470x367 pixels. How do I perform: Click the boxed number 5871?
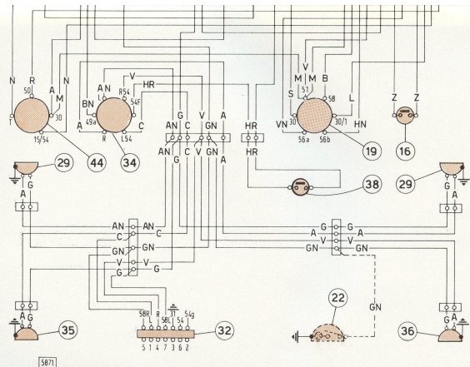[19, 360]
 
